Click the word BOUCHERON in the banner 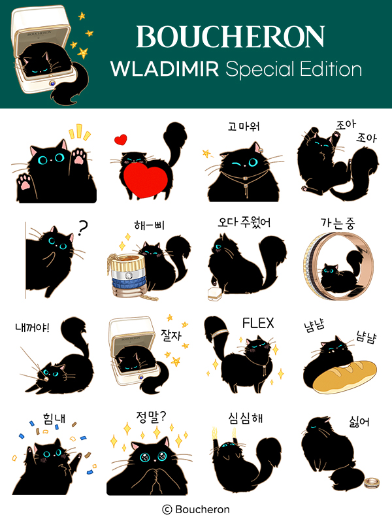pos(231,37)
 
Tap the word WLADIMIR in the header pos(165,69)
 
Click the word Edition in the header pos(331,69)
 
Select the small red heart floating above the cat pos(120,139)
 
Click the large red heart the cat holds pos(145,180)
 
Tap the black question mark pos(82,228)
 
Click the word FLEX pos(258,323)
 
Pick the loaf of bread pos(344,376)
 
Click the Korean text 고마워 pos(244,126)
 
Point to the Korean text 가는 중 pos(338,223)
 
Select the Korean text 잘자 pos(171,335)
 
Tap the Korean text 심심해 pos(246,418)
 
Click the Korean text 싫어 pos(359,422)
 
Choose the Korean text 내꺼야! pos(32,328)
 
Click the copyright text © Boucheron pos(196,509)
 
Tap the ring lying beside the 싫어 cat pos(372,482)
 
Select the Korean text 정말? pos(151,416)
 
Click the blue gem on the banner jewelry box pos(52,84)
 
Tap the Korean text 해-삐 pos(150,225)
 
